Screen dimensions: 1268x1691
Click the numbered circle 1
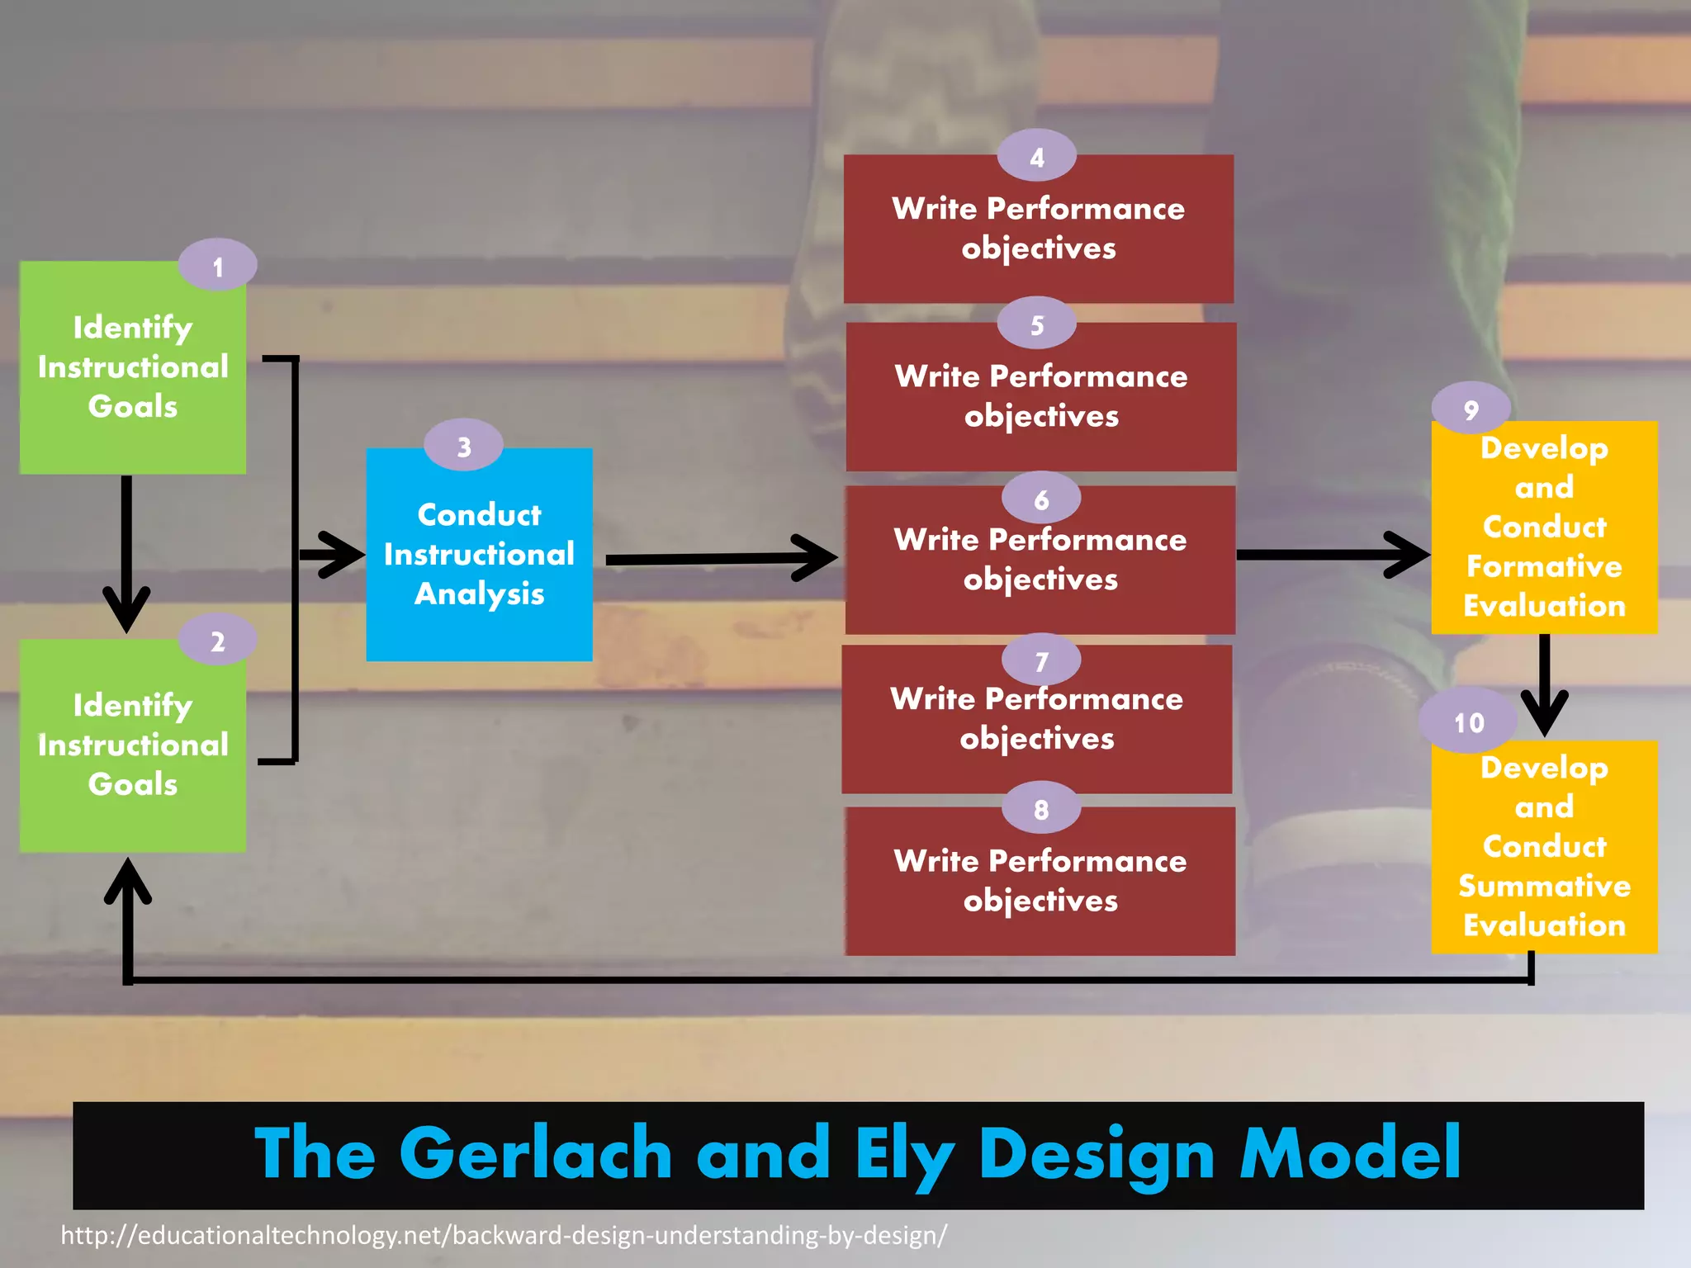(217, 266)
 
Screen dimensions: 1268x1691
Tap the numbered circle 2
(217, 641)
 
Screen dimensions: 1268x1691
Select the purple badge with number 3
(463, 447)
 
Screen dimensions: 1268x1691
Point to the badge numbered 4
(1036, 157)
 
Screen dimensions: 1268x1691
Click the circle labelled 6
(1040, 499)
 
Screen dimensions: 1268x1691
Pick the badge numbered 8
(1040, 809)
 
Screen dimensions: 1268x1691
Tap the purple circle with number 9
(1471, 409)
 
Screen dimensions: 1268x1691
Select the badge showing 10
(1468, 722)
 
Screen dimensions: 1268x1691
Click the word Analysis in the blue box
(479, 594)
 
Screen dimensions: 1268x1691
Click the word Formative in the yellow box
(1543, 566)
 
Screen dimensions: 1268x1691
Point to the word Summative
(1543, 886)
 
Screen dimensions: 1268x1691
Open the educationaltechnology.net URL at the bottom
(504, 1236)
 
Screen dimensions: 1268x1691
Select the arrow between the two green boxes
(126, 553)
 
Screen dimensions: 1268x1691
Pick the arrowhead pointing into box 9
(1408, 555)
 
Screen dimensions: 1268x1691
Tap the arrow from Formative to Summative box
(1543, 685)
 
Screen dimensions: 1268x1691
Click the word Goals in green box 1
(133, 406)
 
